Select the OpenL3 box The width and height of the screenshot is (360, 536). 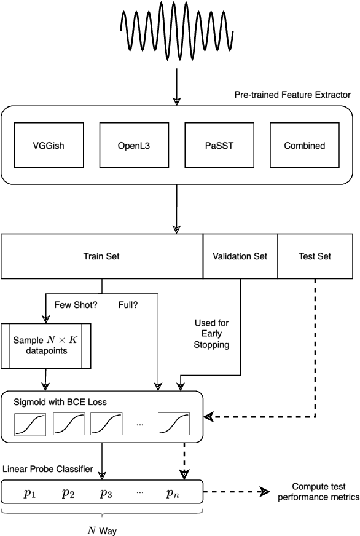134,146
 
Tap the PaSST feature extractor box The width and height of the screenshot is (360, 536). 219,146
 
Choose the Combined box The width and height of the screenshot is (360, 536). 304,146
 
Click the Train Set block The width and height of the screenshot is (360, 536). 101,256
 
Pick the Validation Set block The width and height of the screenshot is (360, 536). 240,256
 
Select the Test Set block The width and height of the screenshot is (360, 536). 316,256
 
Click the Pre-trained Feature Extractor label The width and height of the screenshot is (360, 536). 292,95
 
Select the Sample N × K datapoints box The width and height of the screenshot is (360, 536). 46,345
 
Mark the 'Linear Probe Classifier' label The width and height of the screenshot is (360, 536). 49,469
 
